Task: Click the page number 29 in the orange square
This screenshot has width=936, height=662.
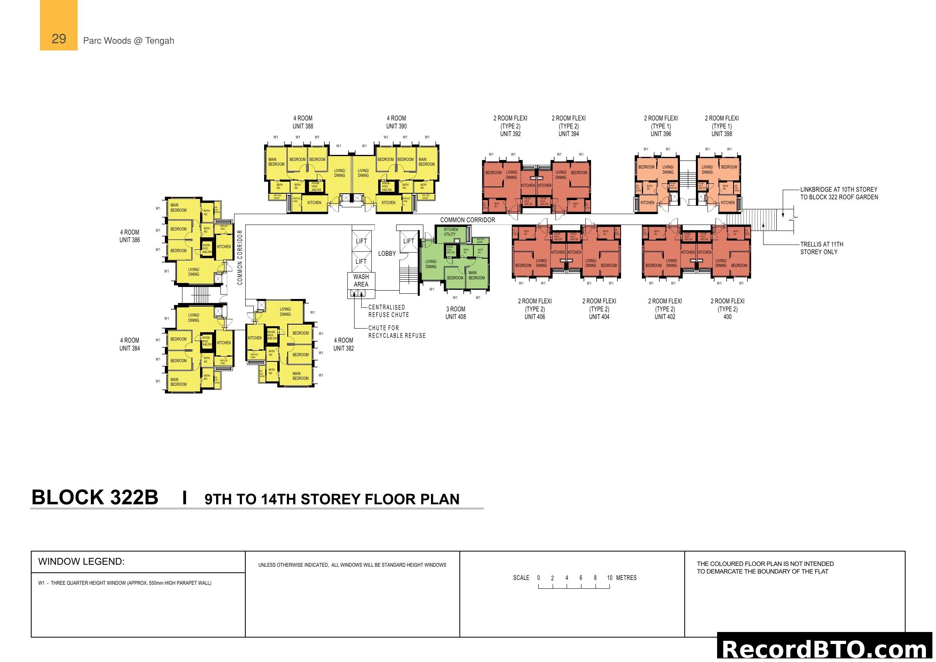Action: (59, 39)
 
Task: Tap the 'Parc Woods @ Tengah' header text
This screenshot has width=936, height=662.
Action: (128, 41)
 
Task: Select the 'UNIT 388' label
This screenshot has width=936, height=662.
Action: (303, 126)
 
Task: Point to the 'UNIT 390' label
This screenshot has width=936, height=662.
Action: (396, 126)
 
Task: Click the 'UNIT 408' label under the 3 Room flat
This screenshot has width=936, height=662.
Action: (455, 317)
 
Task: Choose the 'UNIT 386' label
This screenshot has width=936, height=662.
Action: (130, 240)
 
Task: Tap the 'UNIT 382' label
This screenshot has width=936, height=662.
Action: (344, 349)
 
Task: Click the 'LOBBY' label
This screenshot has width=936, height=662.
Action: (387, 253)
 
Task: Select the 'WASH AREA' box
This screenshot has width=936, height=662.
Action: (361, 281)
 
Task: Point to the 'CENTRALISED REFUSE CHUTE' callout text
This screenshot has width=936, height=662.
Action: (389, 311)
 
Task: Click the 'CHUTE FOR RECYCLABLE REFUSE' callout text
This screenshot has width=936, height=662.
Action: (397, 332)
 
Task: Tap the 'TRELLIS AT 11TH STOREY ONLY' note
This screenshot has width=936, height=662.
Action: (822, 248)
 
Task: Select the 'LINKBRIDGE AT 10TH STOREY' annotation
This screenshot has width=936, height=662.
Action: (839, 190)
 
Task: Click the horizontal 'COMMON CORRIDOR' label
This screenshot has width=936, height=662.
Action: (467, 220)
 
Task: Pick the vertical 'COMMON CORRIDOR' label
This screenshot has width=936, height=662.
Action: (240, 258)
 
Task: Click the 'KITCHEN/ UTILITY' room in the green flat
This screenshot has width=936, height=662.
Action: (451, 232)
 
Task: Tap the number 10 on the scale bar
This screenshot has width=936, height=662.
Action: (609, 578)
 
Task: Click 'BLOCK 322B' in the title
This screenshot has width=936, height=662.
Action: (95, 498)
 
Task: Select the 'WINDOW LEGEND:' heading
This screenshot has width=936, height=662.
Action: (82, 561)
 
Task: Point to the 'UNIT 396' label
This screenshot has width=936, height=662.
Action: (660, 134)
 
